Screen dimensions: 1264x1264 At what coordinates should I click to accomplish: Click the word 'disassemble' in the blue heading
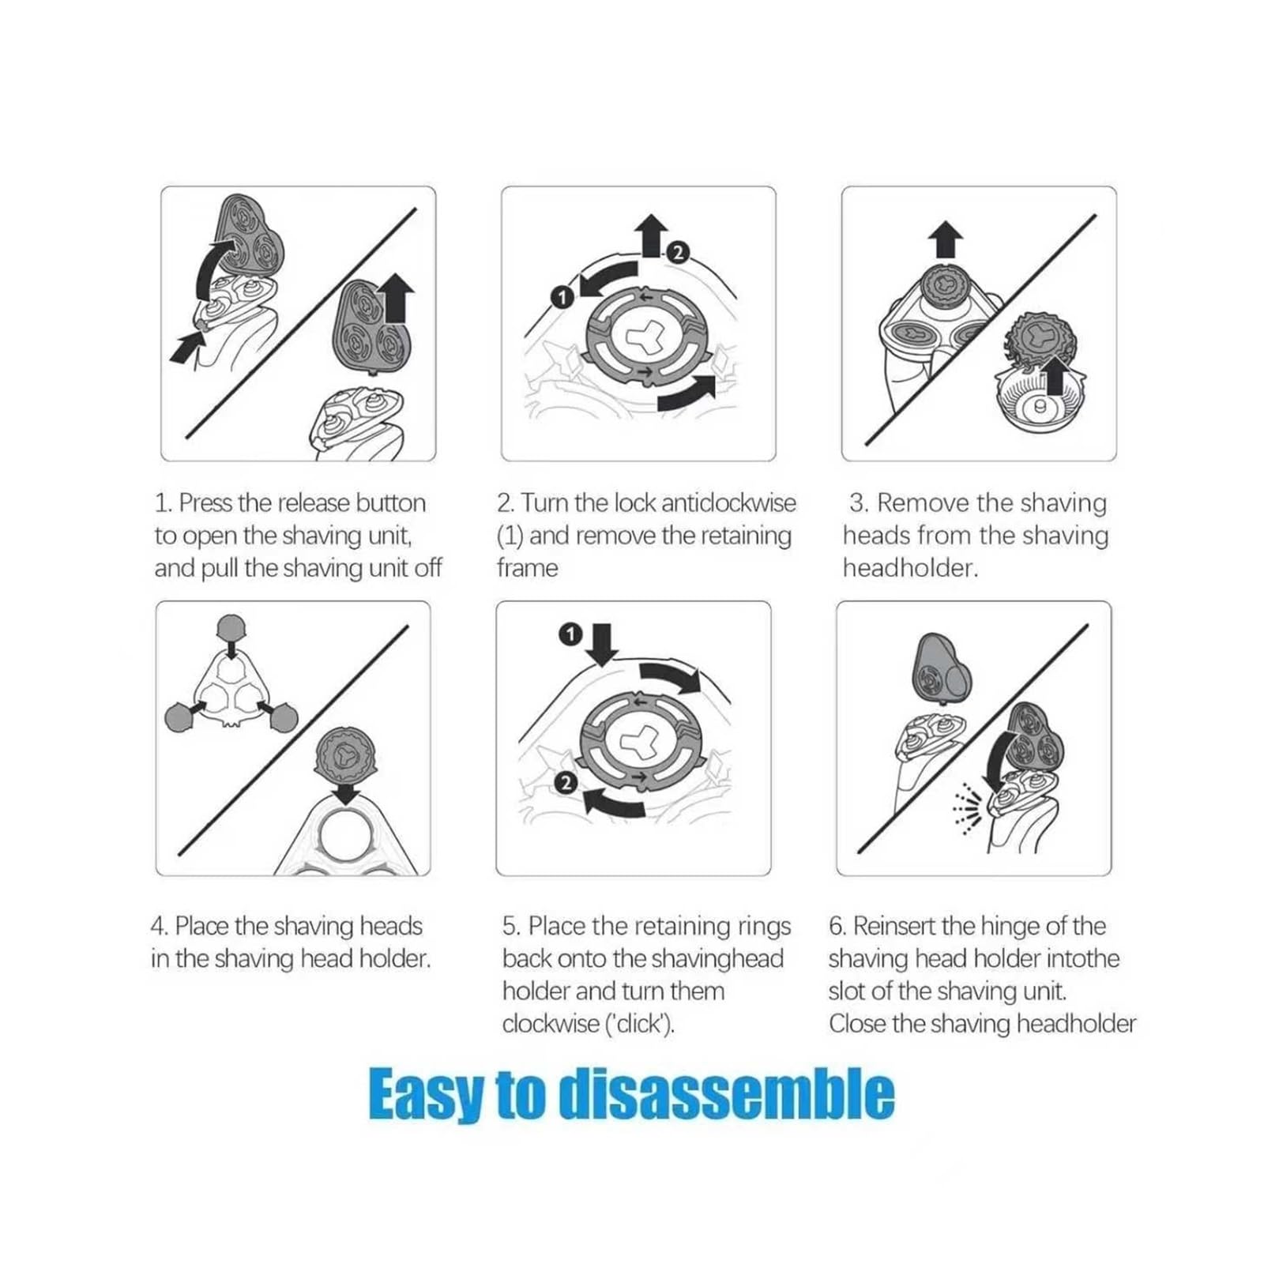(726, 1095)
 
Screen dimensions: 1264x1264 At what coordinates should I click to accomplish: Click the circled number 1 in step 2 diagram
(562, 297)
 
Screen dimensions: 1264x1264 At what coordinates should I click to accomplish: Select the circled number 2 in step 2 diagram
(678, 253)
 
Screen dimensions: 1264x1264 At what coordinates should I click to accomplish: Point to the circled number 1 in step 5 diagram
(570, 634)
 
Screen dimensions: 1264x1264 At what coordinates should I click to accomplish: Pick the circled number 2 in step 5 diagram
(565, 783)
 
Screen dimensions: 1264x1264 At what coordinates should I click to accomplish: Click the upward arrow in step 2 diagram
(653, 235)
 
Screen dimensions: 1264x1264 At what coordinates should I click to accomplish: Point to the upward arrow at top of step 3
(946, 239)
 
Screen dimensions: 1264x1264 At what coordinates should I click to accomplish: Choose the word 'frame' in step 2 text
(527, 569)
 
